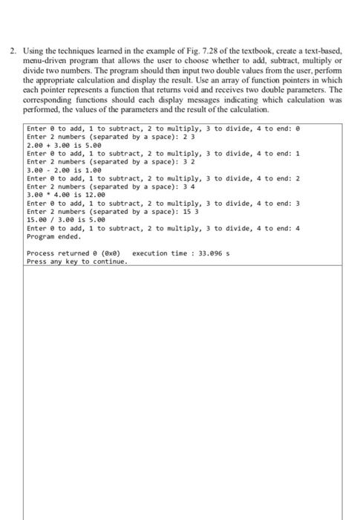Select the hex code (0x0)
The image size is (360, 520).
pos(108,253)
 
